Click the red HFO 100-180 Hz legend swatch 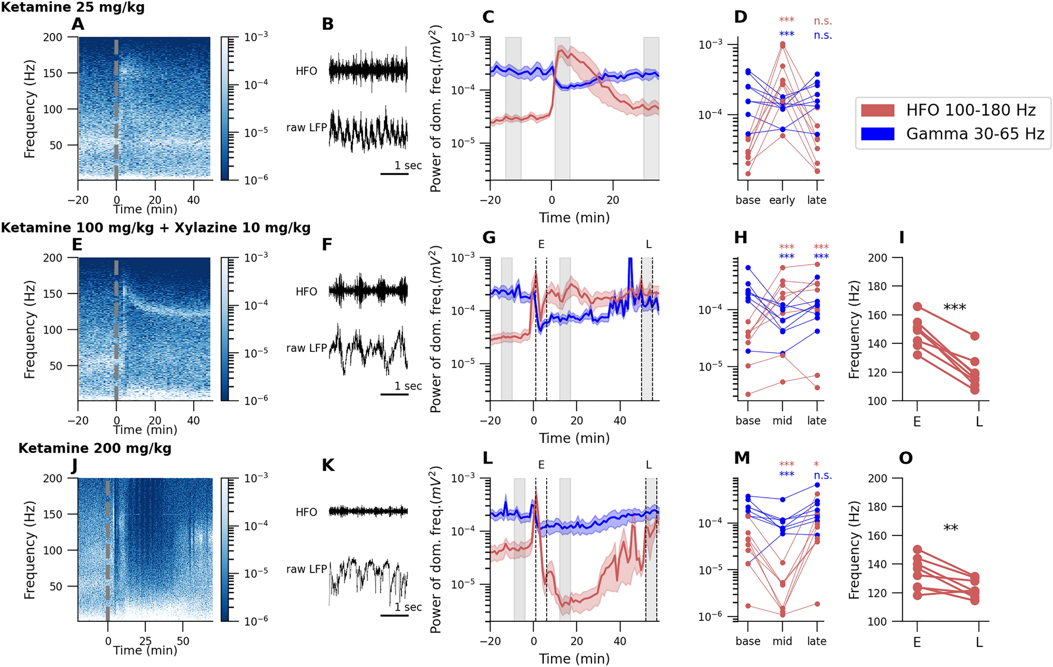(x=877, y=110)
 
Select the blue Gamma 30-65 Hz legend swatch (x=877, y=134)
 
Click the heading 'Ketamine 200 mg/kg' (x=94, y=448)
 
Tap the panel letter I (x=901, y=238)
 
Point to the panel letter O (x=906, y=458)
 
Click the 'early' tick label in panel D (x=782, y=200)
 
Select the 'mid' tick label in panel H (x=782, y=421)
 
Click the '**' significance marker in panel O (x=951, y=529)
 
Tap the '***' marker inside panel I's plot (x=954, y=308)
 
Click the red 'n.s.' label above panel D (x=822, y=21)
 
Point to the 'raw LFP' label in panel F (x=306, y=348)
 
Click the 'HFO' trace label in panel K (x=306, y=512)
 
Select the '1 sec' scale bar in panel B (x=395, y=173)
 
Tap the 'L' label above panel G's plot (x=648, y=244)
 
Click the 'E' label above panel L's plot (x=541, y=465)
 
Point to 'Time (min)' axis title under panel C (x=574, y=218)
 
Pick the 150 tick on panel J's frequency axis (x=52, y=514)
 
